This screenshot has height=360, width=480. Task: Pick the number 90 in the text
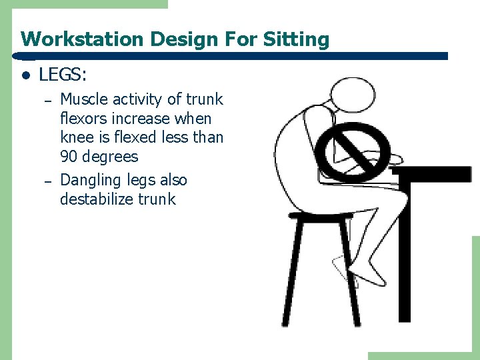point(70,157)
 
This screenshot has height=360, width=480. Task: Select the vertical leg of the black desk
point(404,253)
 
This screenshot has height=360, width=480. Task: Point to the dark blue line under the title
point(233,57)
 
